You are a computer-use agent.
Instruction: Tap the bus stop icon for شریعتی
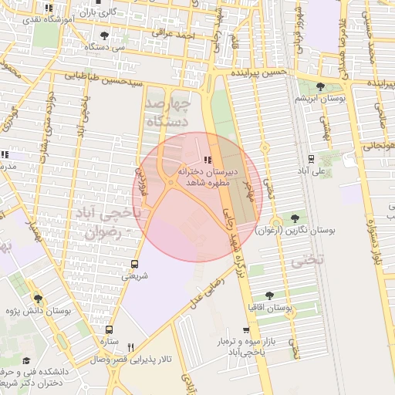tap(135, 263)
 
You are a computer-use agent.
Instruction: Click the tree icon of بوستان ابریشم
tap(320, 87)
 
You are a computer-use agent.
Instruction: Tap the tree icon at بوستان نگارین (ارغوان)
tap(295, 218)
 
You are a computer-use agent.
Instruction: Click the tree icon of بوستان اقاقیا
tap(269, 295)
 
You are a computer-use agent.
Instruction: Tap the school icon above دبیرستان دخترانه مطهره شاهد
tap(206, 159)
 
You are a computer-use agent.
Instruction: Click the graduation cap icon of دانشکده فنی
tap(26, 360)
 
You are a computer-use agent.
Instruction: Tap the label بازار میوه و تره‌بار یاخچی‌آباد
tap(266, 346)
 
